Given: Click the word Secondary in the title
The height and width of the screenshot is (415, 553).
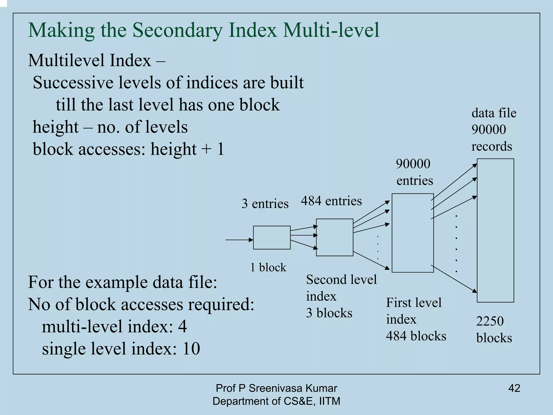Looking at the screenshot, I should (178, 30).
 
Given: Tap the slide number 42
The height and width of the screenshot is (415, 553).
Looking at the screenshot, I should (514, 388).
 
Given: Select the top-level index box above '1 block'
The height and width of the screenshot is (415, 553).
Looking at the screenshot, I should (272, 238).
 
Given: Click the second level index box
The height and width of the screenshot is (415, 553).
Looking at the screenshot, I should (335, 237).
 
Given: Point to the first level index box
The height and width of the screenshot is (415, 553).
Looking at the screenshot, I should (413, 233).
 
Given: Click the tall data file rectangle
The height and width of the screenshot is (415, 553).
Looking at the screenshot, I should (495, 230).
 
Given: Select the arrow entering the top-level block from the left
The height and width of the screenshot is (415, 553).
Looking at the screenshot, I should (239, 240).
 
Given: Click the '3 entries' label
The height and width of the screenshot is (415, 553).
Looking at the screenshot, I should (265, 203).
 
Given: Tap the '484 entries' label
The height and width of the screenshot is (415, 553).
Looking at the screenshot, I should (331, 201).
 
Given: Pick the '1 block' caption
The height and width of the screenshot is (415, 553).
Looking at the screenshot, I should (268, 267).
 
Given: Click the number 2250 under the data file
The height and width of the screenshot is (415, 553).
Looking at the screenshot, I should (490, 321).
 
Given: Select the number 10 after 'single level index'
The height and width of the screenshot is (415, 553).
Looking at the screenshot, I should (191, 348).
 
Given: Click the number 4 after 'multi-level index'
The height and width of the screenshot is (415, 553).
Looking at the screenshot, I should (183, 326).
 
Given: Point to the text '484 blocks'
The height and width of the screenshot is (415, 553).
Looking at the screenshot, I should (416, 336).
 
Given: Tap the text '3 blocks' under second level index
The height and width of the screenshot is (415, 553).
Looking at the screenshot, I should (329, 313).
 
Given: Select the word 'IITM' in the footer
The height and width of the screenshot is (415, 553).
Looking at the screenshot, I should (329, 401).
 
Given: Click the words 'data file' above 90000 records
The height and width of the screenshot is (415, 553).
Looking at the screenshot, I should (494, 113).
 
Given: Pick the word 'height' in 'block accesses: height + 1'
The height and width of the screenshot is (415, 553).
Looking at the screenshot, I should (173, 149).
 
